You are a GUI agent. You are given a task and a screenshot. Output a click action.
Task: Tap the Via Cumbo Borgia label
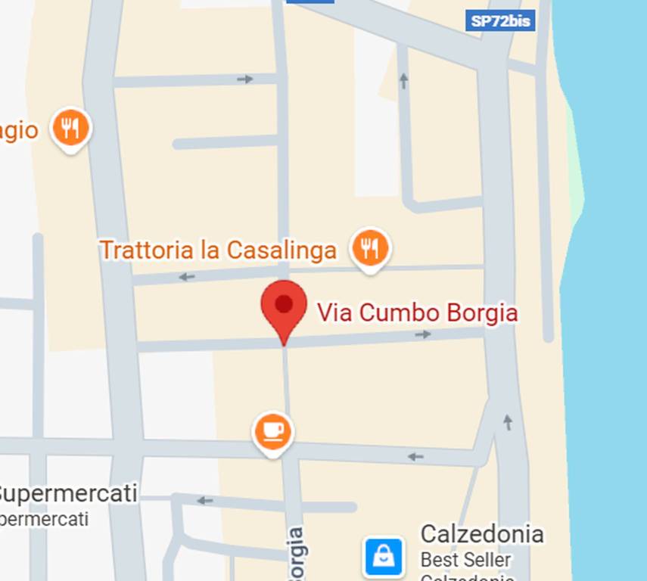point(417,312)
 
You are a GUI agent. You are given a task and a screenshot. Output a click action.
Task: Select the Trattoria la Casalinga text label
point(219,250)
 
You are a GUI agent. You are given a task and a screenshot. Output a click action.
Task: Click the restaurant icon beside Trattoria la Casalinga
point(370,247)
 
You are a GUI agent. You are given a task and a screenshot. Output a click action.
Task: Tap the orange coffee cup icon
point(272,431)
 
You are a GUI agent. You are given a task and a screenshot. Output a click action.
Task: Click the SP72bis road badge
point(499,20)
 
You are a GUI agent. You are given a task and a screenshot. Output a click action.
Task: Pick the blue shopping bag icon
point(384,557)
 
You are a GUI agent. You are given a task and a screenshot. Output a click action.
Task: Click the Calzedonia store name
point(482,534)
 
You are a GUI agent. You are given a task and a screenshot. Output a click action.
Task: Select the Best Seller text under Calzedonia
point(466,561)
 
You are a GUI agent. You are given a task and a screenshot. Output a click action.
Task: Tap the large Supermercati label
point(68,494)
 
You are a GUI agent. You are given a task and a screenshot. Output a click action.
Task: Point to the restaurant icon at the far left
point(70,128)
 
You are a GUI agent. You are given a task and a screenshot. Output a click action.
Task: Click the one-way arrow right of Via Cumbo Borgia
point(424,334)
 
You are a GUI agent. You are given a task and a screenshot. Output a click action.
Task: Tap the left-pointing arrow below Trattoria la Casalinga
point(186,277)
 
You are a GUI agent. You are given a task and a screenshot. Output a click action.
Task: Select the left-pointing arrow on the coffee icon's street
point(415,456)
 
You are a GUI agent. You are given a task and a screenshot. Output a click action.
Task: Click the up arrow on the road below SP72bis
point(403,80)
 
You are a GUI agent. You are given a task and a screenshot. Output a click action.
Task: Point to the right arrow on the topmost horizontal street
point(244,79)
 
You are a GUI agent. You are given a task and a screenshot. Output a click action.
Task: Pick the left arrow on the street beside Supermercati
point(204,500)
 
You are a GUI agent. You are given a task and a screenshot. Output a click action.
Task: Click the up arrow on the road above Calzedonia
point(507,422)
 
